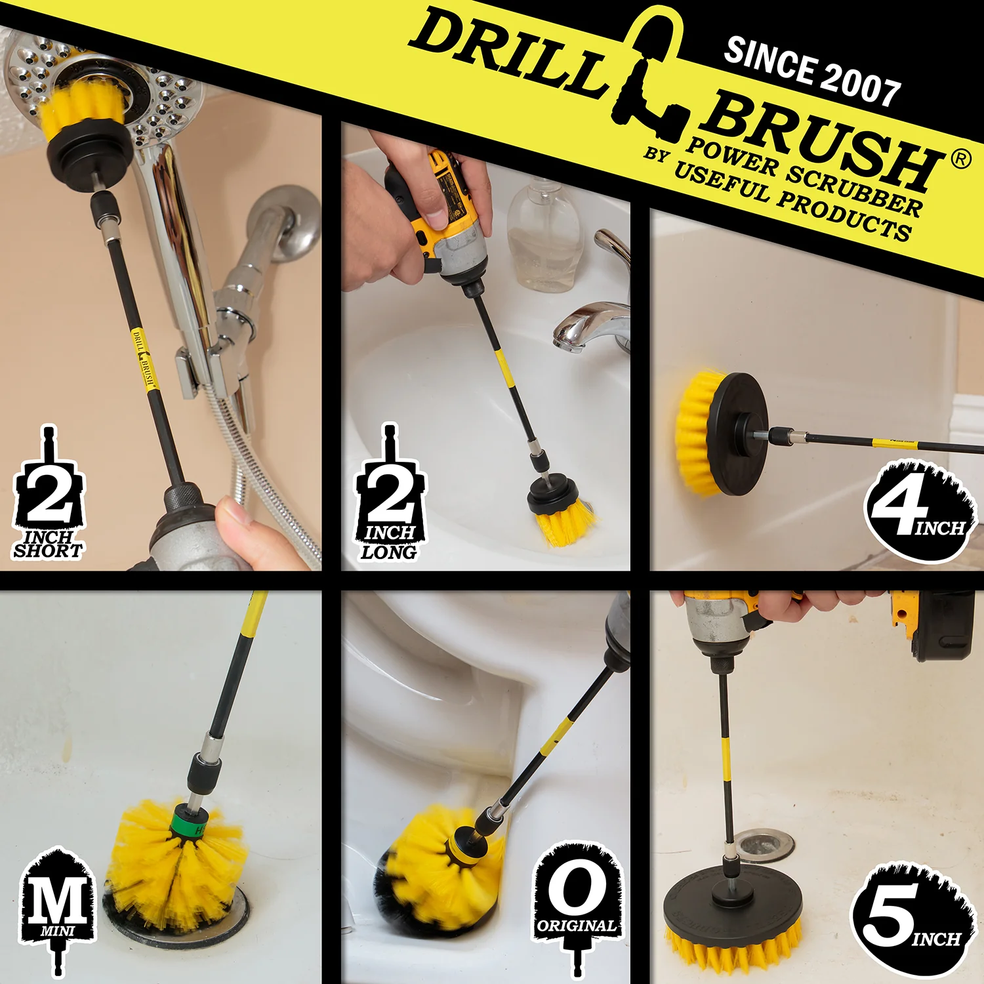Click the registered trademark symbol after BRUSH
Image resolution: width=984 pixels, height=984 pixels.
(x=960, y=159)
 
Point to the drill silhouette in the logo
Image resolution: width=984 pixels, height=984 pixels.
(x=649, y=72)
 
